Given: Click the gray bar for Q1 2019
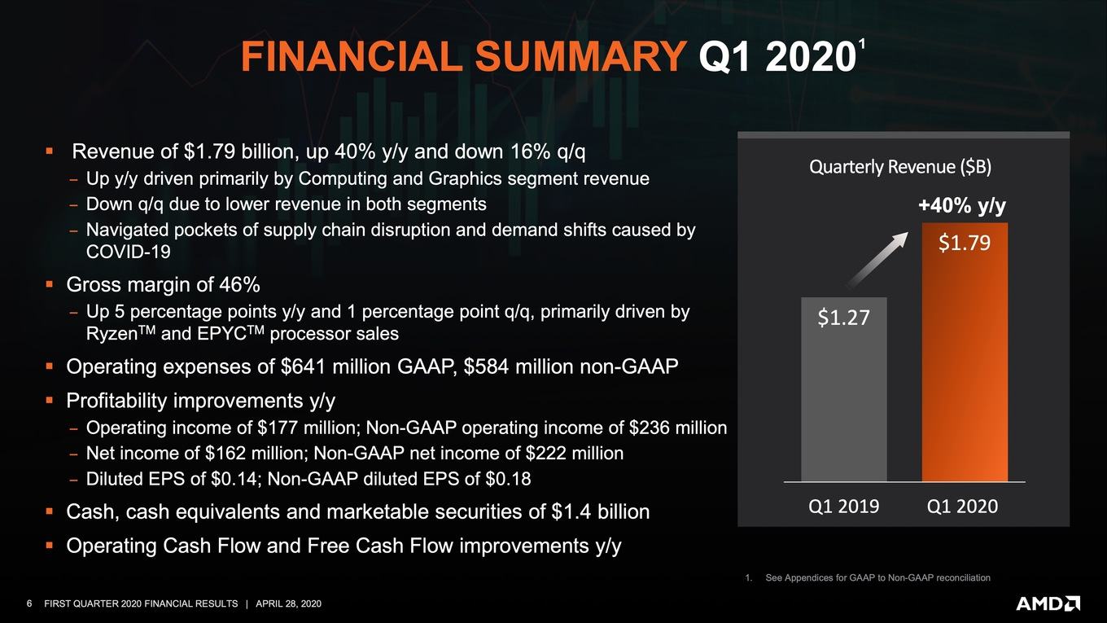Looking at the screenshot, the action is point(843,389).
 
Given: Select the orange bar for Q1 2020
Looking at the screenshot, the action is point(965,352).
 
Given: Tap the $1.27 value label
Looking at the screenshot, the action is point(843,318).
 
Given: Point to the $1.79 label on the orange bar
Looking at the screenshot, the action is point(965,243).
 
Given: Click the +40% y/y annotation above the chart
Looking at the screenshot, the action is point(962,205).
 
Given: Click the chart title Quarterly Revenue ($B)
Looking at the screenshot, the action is point(900,167).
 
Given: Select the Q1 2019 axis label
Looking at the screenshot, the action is point(843,507).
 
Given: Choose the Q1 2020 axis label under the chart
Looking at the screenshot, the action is point(962,507).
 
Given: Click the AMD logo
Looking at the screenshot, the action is point(1048,603).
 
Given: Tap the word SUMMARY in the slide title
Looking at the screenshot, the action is point(580,56).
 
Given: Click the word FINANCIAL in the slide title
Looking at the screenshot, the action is point(352,56).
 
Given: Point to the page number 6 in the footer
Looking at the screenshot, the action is point(29,603).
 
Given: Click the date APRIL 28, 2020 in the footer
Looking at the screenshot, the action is point(289,603).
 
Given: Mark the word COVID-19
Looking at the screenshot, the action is point(129,252).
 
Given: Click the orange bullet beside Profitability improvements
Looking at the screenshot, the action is point(49,400).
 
